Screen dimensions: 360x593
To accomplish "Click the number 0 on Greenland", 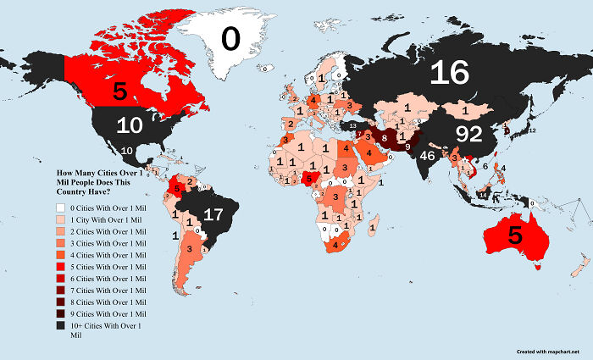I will [x=231, y=38].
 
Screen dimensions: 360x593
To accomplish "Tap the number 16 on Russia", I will [x=449, y=74].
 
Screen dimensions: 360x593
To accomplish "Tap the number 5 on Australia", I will [x=515, y=236].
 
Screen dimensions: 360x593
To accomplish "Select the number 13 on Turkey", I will [x=352, y=126].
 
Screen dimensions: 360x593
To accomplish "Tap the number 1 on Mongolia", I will [x=465, y=110].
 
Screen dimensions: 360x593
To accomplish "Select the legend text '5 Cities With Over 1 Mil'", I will [x=101, y=266].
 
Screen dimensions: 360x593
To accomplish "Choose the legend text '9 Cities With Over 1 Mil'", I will [x=101, y=313].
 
